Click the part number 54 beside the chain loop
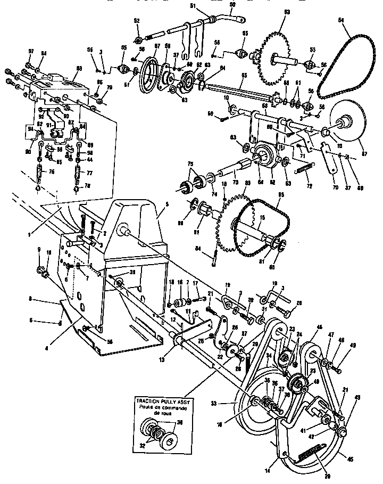341,20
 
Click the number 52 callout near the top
137,20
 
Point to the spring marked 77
78,174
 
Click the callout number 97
30,51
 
